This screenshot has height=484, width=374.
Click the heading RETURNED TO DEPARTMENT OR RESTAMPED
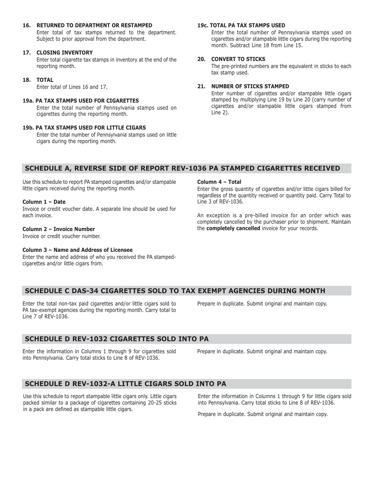[94, 25]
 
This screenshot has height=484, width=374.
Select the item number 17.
[27, 53]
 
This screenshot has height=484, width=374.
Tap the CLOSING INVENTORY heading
[65, 53]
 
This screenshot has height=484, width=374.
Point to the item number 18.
[27, 80]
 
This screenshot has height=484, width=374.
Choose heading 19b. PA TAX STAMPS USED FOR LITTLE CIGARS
[84, 127]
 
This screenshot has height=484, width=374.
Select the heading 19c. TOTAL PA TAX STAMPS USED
[241, 25]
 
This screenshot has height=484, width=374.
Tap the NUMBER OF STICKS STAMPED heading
[250, 86]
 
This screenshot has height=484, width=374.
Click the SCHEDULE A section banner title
[182, 168]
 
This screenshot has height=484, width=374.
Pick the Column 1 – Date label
[44, 202]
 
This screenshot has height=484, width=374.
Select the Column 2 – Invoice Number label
[59, 229]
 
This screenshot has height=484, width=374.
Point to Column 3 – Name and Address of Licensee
[78, 250]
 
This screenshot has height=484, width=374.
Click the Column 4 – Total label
[219, 182]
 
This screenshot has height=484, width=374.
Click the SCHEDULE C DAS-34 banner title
[175, 291]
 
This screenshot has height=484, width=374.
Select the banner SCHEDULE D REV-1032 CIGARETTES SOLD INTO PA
[117, 339]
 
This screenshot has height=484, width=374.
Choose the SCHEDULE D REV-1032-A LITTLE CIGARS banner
[125, 384]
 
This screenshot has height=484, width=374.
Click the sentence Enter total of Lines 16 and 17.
[72, 87]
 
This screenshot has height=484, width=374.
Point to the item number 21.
[202, 86]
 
